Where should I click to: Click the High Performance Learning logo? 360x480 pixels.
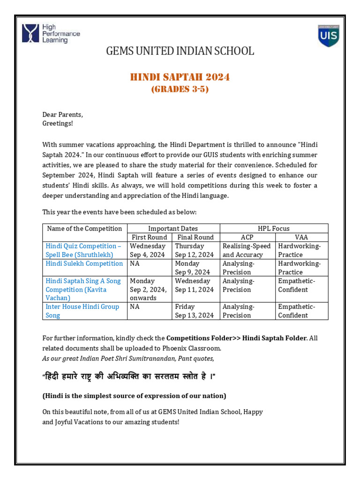51,34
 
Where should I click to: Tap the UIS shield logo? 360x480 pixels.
328,36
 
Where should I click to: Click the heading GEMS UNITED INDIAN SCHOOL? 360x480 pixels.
180,51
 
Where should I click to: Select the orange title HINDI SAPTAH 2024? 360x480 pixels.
180,77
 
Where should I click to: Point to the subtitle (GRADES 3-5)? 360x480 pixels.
180,89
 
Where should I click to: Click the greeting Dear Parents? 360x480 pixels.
63,114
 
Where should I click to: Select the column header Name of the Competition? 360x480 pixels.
85,229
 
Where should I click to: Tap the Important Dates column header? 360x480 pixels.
173,229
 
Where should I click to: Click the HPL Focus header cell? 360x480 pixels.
274,229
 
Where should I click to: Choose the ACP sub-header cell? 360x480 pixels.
247,237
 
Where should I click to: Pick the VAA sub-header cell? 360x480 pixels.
301,237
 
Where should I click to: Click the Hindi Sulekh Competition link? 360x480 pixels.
84,263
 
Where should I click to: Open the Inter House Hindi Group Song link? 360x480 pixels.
82,311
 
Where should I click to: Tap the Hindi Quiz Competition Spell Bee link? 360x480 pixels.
83,250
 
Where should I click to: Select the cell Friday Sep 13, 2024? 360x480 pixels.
194,311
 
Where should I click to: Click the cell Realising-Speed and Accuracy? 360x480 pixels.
247,250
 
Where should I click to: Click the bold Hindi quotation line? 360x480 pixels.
129,377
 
